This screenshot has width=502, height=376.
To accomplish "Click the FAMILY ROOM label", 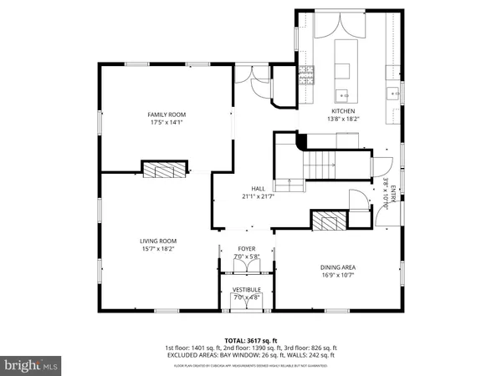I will coord(166,114).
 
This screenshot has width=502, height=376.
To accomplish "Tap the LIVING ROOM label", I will coord(158,241).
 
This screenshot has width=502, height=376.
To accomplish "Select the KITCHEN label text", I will coord(343,111).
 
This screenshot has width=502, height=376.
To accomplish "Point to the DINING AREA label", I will coord(338,267).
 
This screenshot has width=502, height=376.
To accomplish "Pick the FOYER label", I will coord(246,248).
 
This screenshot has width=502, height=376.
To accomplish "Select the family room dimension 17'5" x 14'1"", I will coord(166,122).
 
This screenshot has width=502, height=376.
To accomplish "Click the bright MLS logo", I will coord(31,365).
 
